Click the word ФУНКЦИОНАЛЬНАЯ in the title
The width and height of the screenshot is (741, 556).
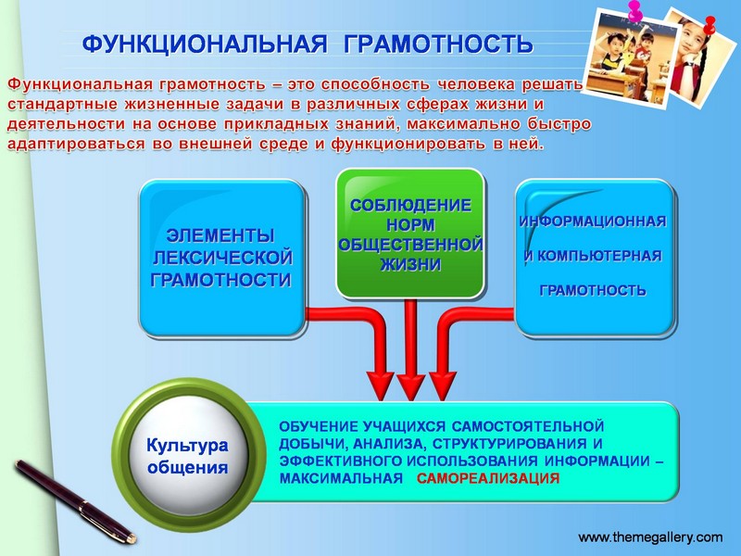click(x=205, y=44)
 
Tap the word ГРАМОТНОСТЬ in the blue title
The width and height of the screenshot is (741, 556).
click(x=438, y=44)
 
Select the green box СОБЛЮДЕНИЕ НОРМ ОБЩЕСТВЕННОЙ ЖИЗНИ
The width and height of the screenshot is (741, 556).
click(x=410, y=234)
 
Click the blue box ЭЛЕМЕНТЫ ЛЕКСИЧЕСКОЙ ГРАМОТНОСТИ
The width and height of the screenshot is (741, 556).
click(x=221, y=258)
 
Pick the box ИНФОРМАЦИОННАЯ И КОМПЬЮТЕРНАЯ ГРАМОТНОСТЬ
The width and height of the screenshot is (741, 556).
click(x=595, y=258)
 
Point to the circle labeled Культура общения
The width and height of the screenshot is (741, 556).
click(x=188, y=455)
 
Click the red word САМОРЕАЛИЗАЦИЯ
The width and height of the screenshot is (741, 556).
click(x=488, y=478)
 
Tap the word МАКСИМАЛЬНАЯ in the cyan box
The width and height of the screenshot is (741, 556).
click(x=341, y=478)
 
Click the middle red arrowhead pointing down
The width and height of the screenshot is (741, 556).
click(x=410, y=387)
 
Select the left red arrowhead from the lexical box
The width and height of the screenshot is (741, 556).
click(x=381, y=386)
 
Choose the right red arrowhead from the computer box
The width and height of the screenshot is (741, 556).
click(x=443, y=386)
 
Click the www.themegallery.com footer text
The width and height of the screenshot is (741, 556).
click(x=650, y=537)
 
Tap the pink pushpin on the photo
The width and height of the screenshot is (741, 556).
click(x=634, y=12)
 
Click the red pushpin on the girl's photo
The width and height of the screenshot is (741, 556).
click(x=710, y=25)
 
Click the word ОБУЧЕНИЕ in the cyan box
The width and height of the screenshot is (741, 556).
click(x=319, y=426)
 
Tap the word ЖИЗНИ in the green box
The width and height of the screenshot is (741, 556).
click(x=410, y=264)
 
